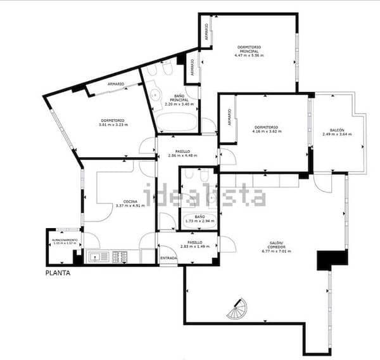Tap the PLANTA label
click(x=58, y=274)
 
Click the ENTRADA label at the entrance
click(x=168, y=259)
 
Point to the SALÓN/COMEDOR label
click(x=275, y=245)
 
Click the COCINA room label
click(x=130, y=201)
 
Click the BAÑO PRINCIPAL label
click(x=179, y=98)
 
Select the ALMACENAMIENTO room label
click(x=65, y=240)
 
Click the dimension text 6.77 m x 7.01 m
click(x=275, y=252)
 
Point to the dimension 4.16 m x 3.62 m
click(x=266, y=131)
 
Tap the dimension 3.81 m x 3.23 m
click(x=113, y=124)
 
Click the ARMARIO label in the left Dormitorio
click(x=115, y=84)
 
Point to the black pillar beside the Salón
click(x=332, y=259)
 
